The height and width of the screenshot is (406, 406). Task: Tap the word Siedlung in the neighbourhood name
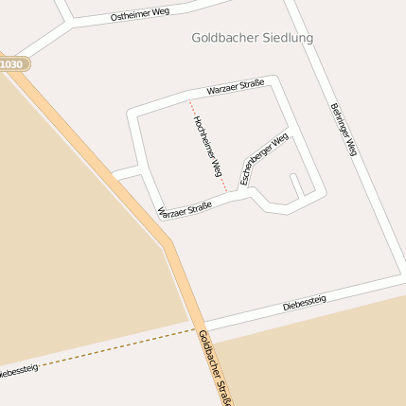[280, 38]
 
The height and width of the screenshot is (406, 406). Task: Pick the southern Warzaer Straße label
[185, 210]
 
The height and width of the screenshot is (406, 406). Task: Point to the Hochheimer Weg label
[206, 147]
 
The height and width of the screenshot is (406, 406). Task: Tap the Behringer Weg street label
[344, 129]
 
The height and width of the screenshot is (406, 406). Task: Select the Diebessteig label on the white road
[305, 303]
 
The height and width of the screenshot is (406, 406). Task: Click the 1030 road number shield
[12, 64]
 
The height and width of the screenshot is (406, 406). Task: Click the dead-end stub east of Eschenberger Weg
[296, 185]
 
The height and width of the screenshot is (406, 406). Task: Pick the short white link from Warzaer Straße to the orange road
[126, 173]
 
